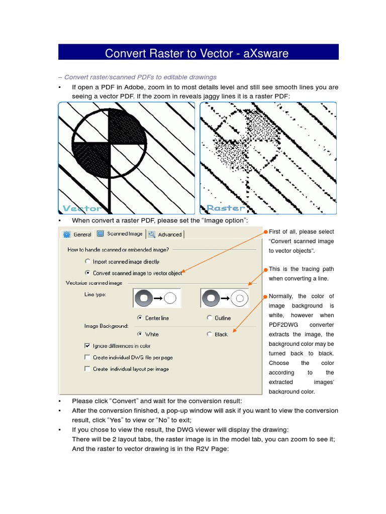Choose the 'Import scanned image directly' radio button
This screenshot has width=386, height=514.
coord(88,262)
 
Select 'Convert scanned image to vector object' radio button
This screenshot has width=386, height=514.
coord(88,273)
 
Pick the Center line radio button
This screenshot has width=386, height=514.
coord(139,318)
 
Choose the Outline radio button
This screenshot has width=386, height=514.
coord(209,318)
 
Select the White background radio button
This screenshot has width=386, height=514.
coord(139,334)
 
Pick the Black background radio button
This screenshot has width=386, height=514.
coord(209,334)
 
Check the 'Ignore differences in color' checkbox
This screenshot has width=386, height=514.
coord(87,346)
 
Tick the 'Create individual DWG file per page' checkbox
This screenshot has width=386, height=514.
coord(87,357)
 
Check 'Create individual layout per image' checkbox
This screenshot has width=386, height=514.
coord(87,369)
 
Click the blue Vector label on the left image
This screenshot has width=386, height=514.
coord(81,208)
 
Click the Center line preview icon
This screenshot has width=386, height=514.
coord(157,298)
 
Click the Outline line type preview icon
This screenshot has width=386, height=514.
coord(225,298)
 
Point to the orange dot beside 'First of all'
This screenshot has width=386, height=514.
coord(265,232)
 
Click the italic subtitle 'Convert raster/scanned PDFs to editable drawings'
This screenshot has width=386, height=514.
coord(137,77)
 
